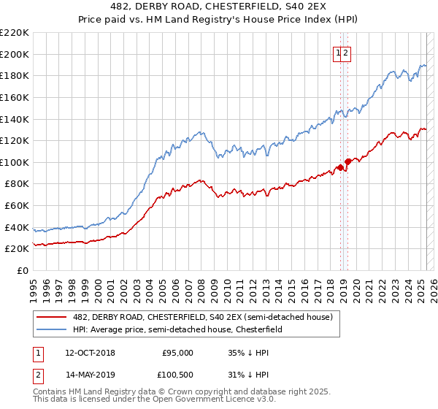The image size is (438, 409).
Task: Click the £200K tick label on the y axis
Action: pos(15,54)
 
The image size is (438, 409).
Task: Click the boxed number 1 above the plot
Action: pos(339,53)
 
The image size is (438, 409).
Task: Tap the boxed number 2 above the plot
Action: pos(347,53)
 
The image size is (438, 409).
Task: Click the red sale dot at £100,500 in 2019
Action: pos(347,161)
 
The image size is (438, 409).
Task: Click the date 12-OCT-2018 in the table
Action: pos(90,352)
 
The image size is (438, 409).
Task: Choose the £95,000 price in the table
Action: pos(177,352)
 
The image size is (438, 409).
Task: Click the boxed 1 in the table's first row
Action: pos(37,352)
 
